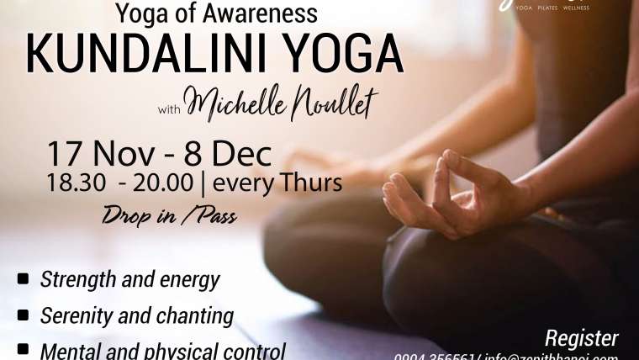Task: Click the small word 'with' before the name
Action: tap(169, 109)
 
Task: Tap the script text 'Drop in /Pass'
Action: tap(169, 215)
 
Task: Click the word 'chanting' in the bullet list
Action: tap(196, 316)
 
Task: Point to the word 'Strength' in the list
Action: tap(74, 279)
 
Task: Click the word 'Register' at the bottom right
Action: tap(582, 338)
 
